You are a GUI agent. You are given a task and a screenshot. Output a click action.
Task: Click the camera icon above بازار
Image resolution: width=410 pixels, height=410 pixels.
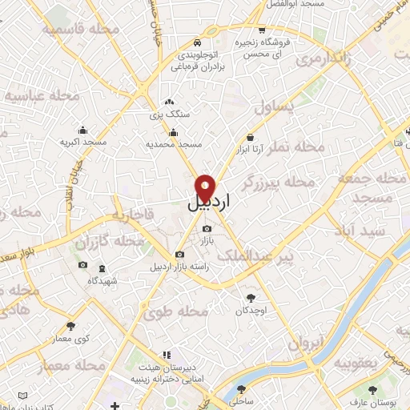207,229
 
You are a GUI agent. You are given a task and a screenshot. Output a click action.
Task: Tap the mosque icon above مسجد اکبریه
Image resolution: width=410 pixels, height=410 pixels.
83,131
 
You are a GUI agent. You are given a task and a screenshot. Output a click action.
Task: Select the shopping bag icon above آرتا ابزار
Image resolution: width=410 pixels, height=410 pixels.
251,137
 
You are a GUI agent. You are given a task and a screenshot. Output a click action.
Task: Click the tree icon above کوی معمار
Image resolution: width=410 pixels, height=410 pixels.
71,326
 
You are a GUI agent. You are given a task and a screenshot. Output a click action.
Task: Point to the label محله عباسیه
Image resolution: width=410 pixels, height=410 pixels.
44,96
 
